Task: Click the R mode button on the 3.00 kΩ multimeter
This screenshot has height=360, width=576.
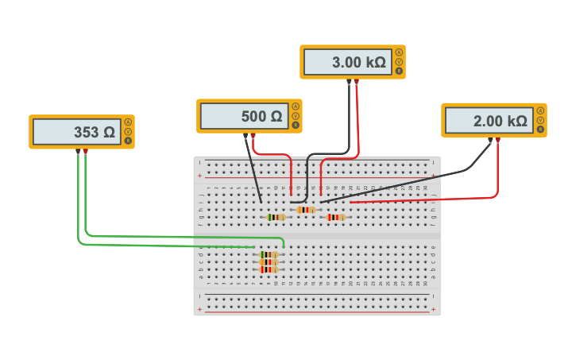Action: click(399, 71)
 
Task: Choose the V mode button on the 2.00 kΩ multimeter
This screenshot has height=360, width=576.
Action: click(540, 120)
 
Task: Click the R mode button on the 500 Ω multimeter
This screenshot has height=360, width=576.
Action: click(296, 125)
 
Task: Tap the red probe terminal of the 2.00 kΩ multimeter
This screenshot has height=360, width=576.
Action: click(497, 141)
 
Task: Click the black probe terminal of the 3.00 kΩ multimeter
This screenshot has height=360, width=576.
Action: click(349, 81)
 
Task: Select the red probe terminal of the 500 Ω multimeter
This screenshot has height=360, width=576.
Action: click(253, 135)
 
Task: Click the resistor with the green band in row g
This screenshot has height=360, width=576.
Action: click(276, 217)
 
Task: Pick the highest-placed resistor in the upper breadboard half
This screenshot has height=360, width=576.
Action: click(306, 210)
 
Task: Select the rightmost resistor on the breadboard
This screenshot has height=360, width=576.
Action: click(336, 217)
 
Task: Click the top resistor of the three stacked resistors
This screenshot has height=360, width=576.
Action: click(269, 254)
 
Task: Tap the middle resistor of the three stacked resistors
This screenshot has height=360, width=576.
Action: click(269, 261)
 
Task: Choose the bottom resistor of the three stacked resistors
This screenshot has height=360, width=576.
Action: click(269, 269)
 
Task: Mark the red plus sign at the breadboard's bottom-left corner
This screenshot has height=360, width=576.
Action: click(199, 307)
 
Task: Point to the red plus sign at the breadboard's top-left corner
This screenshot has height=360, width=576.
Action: click(199, 174)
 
